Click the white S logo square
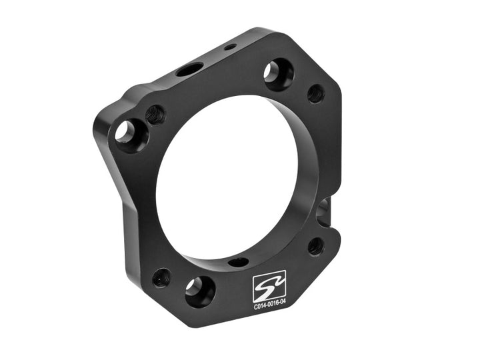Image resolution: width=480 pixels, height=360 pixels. pyautogui.click(x=269, y=286)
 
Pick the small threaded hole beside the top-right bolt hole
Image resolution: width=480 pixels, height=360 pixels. pyautogui.click(x=316, y=93)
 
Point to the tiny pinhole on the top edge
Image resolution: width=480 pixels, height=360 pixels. pyautogui.click(x=229, y=47)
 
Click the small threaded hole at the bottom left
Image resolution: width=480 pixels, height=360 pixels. pyautogui.click(x=161, y=277)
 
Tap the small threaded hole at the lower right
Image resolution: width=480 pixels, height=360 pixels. pyautogui.click(x=316, y=246)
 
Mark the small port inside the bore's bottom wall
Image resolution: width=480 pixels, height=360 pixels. pyautogui.click(x=238, y=262)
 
